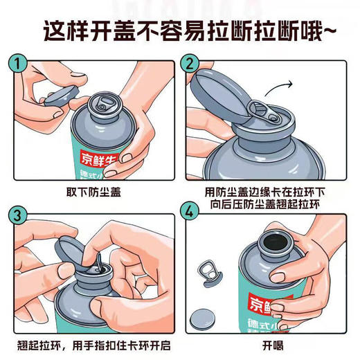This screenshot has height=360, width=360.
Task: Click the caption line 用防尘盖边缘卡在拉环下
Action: tap(266, 191)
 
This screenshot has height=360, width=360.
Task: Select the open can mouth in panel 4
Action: tap(270, 244)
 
